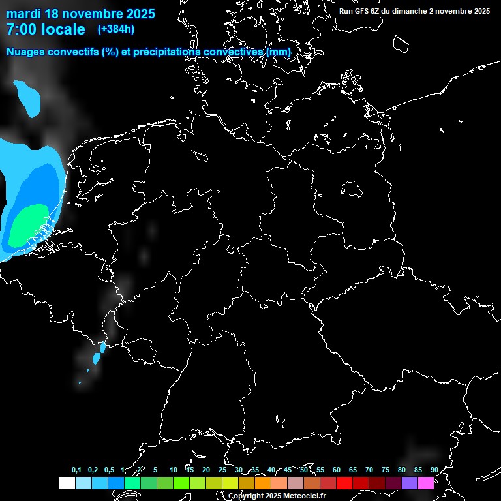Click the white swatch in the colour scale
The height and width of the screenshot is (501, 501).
(67, 483)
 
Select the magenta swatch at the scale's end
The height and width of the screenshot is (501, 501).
(426, 483)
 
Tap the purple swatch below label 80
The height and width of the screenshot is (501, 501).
(410, 483)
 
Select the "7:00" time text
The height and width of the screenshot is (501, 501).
(20, 29)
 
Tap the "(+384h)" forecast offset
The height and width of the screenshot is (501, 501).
(115, 29)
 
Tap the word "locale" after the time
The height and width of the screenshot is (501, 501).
(63, 29)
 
